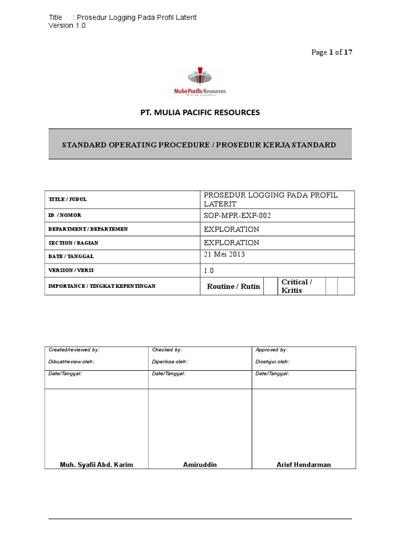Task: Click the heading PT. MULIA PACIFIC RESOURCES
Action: pos(200,113)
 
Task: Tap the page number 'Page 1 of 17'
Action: pos(335,52)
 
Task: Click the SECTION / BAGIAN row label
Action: pos(73,243)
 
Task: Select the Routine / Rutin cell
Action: pos(233,286)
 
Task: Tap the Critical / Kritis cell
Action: pos(297,286)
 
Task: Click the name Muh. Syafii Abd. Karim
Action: pos(96,465)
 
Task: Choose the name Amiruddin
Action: pos(200,465)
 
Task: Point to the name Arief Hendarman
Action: pos(303,465)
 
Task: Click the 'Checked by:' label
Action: pos(167,350)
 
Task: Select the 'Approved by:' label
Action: pos(272,350)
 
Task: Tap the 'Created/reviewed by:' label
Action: pos(74,350)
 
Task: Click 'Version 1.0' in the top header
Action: pos(67,26)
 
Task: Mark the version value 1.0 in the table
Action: pos(209,271)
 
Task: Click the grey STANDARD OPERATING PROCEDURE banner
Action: pos(200,144)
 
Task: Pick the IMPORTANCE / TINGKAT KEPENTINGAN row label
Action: pos(102,286)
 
